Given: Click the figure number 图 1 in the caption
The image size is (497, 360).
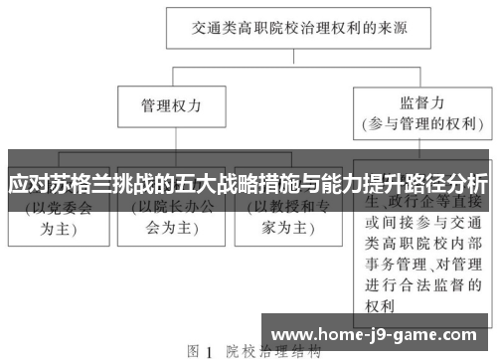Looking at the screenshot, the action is point(200,351).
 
